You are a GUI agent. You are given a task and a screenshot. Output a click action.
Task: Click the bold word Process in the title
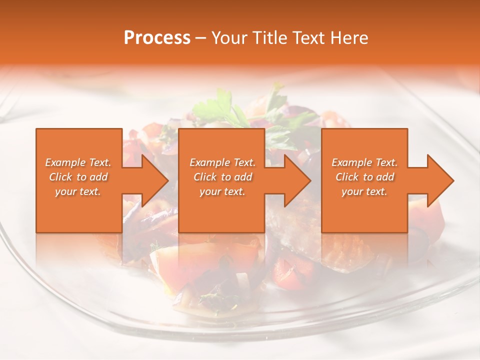click(157, 38)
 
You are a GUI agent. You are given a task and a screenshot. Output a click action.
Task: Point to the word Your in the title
click(228, 38)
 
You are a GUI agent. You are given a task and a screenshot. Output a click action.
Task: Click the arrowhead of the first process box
click(155, 180)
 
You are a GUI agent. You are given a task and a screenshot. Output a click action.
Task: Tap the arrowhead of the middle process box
click(297, 180)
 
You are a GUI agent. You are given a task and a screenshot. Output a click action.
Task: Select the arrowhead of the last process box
click(440, 180)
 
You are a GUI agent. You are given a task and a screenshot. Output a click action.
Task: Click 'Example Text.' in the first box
click(78, 162)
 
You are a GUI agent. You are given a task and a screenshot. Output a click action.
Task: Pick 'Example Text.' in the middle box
click(222, 162)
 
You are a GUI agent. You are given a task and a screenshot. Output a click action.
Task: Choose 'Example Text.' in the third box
click(364, 162)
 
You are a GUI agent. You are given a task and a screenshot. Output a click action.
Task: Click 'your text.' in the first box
click(78, 191)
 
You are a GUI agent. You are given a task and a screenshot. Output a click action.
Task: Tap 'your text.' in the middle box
click(222, 191)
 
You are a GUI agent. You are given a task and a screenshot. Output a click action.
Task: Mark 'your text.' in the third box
click(364, 191)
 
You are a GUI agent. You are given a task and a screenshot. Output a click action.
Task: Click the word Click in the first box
click(61, 177)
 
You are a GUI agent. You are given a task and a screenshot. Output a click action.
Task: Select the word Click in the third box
click(347, 177)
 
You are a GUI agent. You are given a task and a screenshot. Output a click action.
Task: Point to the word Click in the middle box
click(205, 177)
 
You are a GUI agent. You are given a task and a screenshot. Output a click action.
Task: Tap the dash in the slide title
click(201, 38)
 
